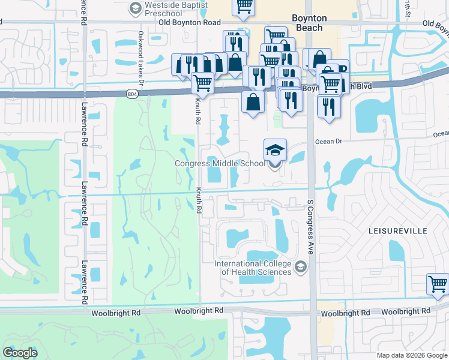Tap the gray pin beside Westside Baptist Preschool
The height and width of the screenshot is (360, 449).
pyautogui.click(x=134, y=9)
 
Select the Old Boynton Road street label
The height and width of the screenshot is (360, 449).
pyautogui.click(x=190, y=23)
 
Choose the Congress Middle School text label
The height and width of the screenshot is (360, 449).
pyautogui.click(x=219, y=163)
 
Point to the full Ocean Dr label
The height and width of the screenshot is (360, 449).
pyautogui.click(x=328, y=142)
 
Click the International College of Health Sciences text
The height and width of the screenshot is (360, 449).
pyautogui.click(x=256, y=268)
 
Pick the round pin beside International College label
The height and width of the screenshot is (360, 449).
pyautogui.click(x=301, y=268)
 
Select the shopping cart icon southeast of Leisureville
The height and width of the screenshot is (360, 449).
pyautogui.click(x=438, y=284)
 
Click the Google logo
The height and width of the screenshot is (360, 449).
pyautogui.click(x=20, y=353)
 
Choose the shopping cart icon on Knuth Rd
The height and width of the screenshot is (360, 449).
pyautogui.click(x=203, y=83)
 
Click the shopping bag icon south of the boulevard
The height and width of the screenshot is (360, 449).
pyautogui.click(x=253, y=101)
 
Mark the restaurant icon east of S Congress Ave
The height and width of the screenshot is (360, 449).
pyautogui.click(x=329, y=106)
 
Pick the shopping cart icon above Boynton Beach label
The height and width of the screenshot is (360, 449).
pyautogui.click(x=244, y=6)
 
